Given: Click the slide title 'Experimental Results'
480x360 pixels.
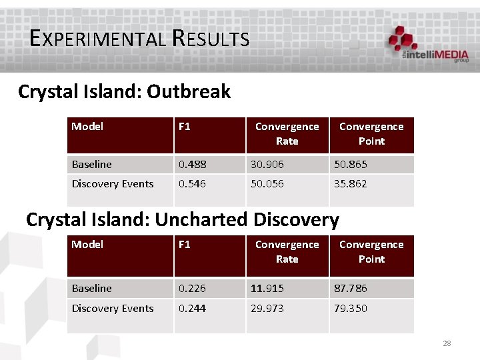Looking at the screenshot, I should (x=139, y=38).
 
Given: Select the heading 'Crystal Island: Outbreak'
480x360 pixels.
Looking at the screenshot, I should (x=124, y=91).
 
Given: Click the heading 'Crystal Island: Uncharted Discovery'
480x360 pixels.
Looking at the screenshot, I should (x=182, y=219).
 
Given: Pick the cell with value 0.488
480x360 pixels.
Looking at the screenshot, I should (x=191, y=164).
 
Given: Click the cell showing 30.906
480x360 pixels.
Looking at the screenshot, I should (x=267, y=164).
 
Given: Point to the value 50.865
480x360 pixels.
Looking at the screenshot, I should (x=351, y=164).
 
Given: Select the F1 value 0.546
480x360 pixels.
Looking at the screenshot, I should (x=191, y=184).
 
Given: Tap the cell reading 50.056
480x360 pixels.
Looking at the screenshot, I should (x=267, y=184).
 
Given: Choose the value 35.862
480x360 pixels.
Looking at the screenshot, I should (x=351, y=184).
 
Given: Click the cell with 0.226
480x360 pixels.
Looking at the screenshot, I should (x=191, y=289).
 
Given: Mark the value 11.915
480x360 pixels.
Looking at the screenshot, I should (x=267, y=289).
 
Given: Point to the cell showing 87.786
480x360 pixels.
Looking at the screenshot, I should (x=351, y=289).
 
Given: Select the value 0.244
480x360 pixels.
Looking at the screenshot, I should (x=191, y=309).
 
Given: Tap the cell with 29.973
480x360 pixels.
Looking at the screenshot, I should (x=267, y=309).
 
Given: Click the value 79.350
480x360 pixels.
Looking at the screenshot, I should (x=351, y=309).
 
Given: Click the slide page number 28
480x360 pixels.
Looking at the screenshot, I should (x=447, y=343).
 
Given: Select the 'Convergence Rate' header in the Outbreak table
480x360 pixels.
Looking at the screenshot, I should (x=287, y=134).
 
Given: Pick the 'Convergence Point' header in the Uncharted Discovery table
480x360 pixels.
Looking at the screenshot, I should (x=371, y=252).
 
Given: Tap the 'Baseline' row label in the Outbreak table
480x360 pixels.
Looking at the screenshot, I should (x=92, y=164).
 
